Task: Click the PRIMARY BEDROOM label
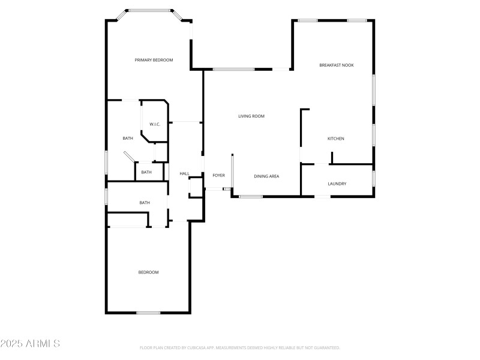click(154, 60)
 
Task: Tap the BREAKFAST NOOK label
click(336, 65)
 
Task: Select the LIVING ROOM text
click(251, 116)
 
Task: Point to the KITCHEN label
click(335, 139)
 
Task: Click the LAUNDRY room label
click(337, 184)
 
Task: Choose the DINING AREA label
click(266, 176)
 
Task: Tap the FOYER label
click(218, 176)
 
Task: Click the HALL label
click(185, 174)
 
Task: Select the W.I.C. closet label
click(155, 124)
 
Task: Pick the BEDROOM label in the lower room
click(149, 272)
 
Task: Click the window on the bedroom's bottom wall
click(148, 313)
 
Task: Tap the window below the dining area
click(251, 196)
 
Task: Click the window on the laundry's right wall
click(373, 178)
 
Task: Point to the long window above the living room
click(233, 70)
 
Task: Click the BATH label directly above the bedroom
click(145, 203)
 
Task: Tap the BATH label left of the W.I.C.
click(128, 139)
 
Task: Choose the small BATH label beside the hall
click(146, 173)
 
